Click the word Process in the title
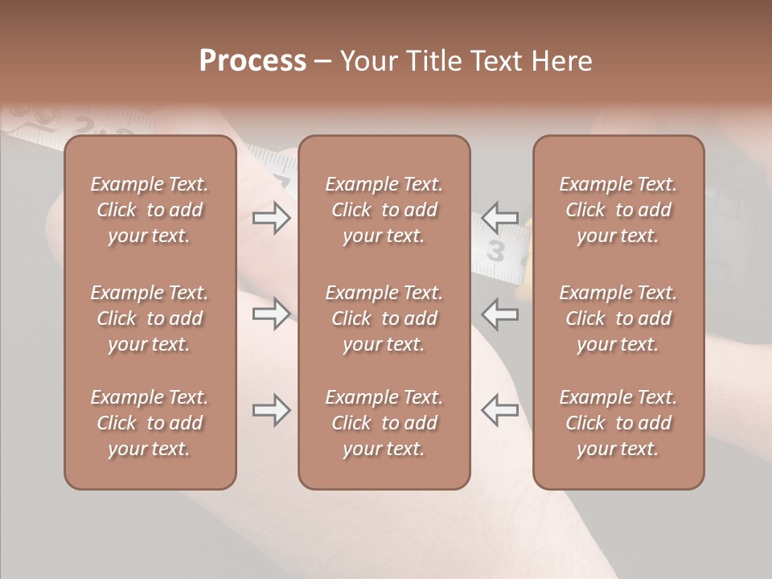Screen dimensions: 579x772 [x=253, y=61]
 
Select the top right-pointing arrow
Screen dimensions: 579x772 [x=272, y=218]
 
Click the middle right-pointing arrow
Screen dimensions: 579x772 [x=272, y=313]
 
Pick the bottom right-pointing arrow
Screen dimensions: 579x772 [x=272, y=411]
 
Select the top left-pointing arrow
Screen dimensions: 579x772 [x=500, y=218]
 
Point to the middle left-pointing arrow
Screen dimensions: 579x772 [x=500, y=313]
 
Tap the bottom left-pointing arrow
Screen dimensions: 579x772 [x=500, y=411]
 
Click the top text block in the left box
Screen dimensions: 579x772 [x=150, y=210]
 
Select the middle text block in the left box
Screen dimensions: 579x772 [x=150, y=318]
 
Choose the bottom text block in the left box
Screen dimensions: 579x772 [x=150, y=423]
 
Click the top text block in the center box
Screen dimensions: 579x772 [x=384, y=210]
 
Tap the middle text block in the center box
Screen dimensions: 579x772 [x=384, y=318]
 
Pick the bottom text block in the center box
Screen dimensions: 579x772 [x=384, y=423]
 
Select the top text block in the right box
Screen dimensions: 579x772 [x=618, y=210]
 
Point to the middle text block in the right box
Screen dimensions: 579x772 [x=618, y=318]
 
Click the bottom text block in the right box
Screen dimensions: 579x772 [x=618, y=423]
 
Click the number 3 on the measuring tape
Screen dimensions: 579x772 [x=496, y=253]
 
